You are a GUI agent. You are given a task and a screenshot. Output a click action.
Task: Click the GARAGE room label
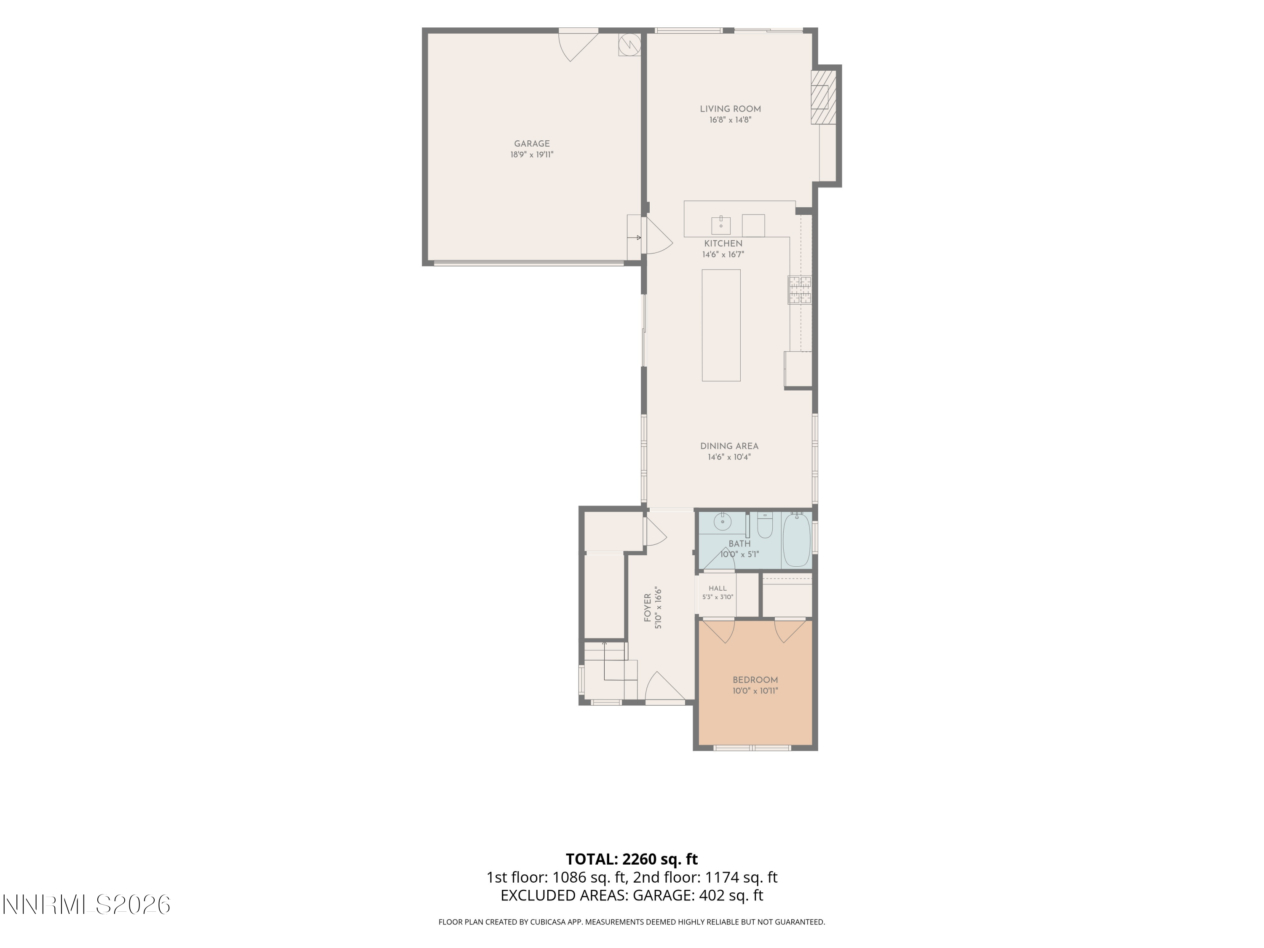pos(531,144)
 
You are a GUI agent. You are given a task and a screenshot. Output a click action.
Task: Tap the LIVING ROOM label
pos(730,109)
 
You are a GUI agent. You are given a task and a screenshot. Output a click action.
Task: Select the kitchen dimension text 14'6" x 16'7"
pos(723,255)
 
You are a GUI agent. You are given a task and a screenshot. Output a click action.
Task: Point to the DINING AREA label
pos(729,446)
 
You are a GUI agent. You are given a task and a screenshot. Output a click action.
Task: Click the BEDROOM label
pos(755,680)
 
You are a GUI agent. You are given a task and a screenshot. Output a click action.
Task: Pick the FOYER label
pos(648,608)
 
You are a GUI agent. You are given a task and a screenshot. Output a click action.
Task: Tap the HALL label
pos(718,588)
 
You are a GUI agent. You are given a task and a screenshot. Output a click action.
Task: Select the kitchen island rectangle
pos(721,325)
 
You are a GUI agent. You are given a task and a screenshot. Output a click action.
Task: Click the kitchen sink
pos(721,225)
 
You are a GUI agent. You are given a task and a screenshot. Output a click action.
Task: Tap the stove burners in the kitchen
pos(799,289)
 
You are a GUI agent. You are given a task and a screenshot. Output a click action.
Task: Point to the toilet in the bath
pos(765,525)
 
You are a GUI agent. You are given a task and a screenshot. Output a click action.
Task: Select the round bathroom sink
pos(722,522)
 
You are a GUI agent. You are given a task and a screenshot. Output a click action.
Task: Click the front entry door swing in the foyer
pos(664,686)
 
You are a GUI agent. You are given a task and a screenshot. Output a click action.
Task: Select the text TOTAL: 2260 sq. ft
pos(632,859)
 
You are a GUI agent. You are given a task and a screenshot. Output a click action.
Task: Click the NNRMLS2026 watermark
pos(87,905)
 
